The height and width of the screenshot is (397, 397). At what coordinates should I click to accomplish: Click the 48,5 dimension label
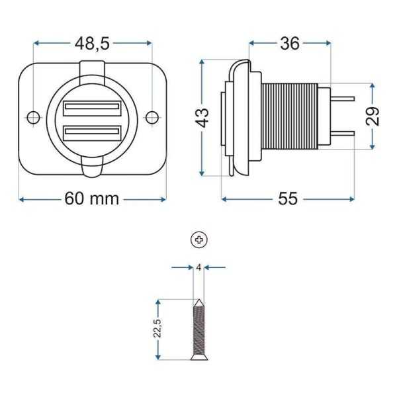93,44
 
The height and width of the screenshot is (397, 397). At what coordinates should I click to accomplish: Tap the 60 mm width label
92,198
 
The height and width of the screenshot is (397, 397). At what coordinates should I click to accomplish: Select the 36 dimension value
290,44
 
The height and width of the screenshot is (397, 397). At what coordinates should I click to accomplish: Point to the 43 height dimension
204,117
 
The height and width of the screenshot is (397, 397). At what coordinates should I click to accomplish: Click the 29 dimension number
373,116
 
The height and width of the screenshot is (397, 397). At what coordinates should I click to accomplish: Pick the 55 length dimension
288,198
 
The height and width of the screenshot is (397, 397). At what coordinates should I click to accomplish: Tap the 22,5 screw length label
157,329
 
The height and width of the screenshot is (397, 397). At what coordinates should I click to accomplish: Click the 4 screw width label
198,267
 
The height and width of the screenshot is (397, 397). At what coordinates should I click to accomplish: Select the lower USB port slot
92,133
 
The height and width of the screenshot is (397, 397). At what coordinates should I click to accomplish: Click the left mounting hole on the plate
34,118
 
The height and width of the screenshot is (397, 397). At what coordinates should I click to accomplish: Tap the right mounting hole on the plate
152,118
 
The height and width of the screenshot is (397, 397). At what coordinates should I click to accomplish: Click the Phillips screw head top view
198,240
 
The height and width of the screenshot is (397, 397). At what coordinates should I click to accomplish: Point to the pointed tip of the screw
198,302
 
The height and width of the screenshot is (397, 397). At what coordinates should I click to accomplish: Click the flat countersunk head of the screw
198,358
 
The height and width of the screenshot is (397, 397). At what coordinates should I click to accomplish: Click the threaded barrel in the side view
291,117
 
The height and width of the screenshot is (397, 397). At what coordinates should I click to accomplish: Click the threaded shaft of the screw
198,331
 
